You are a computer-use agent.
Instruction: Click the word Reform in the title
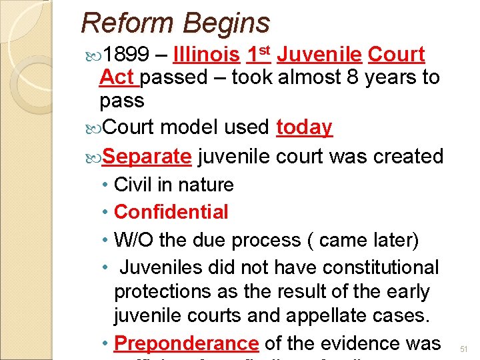[127, 23]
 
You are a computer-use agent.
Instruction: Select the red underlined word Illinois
[206, 55]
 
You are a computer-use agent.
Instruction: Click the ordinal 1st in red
[258, 54]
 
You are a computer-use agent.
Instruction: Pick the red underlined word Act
[118, 77]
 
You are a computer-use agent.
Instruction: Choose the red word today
[304, 127]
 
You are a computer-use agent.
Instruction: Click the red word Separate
[148, 156]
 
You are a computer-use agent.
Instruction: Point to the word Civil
[133, 185]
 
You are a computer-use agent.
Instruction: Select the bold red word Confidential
[171, 212]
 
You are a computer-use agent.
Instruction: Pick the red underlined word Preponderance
[187, 343]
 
